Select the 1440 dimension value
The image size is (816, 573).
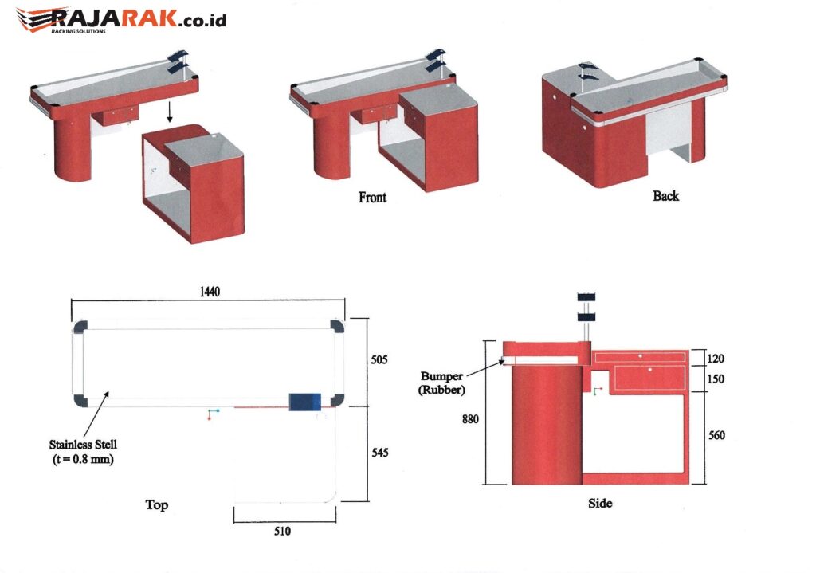tap(210, 292)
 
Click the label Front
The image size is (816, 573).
tap(372, 198)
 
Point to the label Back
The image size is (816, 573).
tap(665, 195)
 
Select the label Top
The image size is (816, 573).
tap(157, 504)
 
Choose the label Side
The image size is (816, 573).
tap(599, 503)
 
